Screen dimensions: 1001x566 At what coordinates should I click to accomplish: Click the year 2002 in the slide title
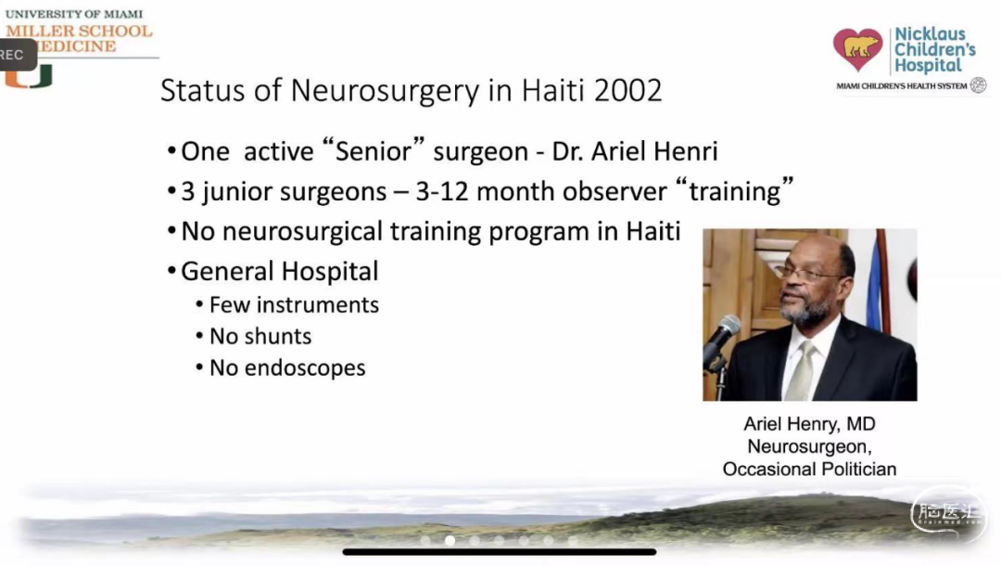click(x=627, y=90)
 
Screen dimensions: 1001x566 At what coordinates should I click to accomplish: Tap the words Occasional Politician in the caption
click(x=809, y=469)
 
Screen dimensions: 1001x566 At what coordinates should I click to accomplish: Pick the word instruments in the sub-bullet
click(x=318, y=305)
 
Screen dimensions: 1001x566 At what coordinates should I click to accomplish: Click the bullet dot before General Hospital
click(x=171, y=271)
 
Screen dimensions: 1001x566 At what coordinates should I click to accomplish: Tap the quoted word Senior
click(x=374, y=151)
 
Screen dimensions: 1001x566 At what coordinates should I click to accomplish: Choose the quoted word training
click(x=734, y=190)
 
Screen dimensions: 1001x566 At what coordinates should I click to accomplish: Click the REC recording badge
click(x=16, y=55)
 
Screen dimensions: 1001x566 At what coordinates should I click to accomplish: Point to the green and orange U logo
click(x=29, y=77)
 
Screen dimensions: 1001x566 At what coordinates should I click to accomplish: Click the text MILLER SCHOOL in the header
click(x=79, y=31)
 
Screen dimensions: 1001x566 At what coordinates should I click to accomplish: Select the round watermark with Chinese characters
click(x=948, y=514)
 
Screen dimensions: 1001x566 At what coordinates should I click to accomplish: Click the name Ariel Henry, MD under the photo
click(x=809, y=423)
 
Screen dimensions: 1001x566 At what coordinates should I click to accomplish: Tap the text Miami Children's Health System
click(x=902, y=86)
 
